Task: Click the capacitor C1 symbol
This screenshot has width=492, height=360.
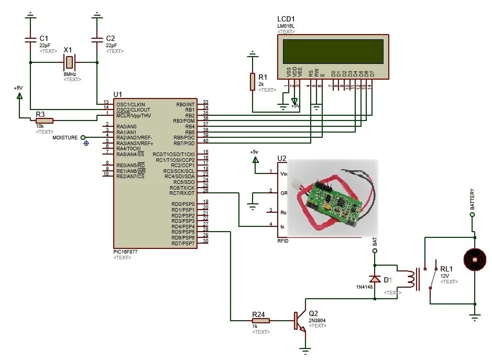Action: click(30, 40)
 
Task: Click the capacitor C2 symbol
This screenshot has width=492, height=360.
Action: click(96, 40)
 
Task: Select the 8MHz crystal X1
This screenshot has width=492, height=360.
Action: click(68, 63)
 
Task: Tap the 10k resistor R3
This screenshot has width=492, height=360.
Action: click(45, 121)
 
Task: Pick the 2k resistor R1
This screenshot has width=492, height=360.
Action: click(253, 82)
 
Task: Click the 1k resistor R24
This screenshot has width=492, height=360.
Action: click(260, 320)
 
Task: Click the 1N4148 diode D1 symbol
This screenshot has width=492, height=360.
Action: click(375, 279)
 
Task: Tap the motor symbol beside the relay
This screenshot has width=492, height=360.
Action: click(474, 259)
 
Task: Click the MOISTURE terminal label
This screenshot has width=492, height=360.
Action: click(65, 138)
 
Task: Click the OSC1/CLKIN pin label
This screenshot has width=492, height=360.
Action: click(131, 104)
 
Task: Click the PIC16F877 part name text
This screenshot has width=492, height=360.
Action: click(126, 252)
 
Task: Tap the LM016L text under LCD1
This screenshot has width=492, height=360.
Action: click(286, 26)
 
